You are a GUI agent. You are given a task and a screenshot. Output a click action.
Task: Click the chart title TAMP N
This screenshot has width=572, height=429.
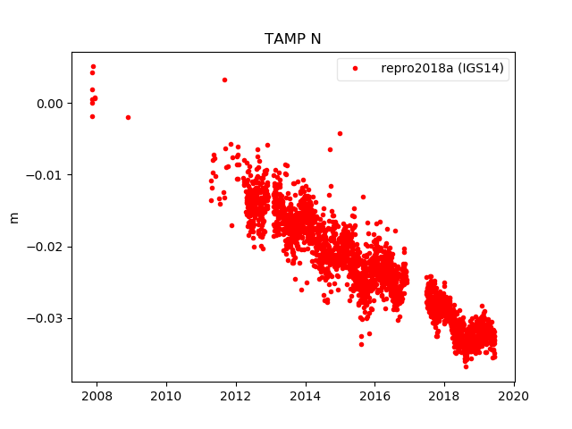[292, 39]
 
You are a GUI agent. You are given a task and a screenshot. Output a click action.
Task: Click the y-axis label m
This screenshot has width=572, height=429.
[13, 217]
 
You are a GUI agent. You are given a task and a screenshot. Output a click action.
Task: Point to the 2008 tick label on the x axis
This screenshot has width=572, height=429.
[97, 396]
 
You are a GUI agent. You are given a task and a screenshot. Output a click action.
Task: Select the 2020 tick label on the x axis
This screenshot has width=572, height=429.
[514, 396]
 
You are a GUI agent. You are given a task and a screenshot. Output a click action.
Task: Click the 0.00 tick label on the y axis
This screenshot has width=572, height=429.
[51, 104]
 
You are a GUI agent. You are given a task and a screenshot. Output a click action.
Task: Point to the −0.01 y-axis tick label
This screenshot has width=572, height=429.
[46, 175]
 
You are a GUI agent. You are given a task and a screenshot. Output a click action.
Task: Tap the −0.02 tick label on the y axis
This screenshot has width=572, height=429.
[46, 247]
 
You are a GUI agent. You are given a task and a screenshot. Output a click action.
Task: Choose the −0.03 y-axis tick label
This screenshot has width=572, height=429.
[46, 318]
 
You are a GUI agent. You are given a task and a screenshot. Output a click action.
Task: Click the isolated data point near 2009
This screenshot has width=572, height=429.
[128, 117]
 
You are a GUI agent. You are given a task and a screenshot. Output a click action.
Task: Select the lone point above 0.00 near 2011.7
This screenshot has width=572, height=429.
[224, 80]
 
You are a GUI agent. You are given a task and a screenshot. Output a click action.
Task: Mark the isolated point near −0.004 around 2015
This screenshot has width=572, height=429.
[340, 133]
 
